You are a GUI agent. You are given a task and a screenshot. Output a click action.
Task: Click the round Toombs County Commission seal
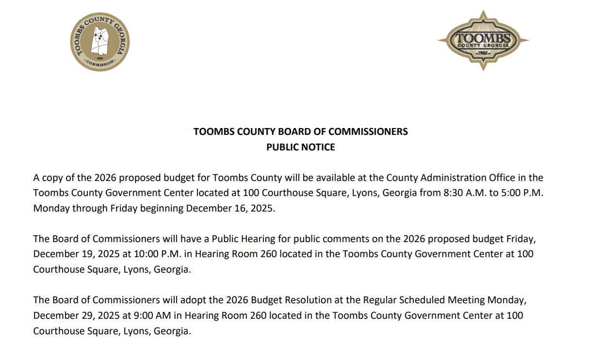pos(99,42)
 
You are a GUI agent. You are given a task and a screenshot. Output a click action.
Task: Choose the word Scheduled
pos(421,300)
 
